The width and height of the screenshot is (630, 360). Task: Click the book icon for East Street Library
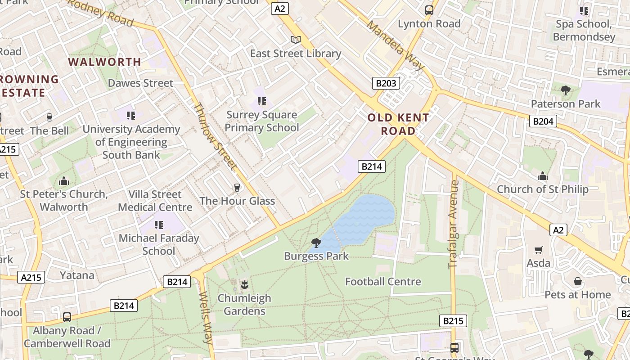coord(295,40)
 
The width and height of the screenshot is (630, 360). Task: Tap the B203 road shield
coord(386,83)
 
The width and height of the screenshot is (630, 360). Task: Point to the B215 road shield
coord(453,321)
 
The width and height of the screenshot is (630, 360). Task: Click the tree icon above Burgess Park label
coord(316,243)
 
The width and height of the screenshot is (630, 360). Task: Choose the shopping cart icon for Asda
coord(538,250)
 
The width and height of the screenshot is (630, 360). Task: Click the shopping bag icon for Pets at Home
coord(578,282)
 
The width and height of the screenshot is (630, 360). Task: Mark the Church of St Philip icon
coord(543,176)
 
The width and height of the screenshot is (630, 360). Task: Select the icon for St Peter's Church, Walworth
coord(64,181)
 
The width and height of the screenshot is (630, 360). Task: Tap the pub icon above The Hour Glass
coord(237,188)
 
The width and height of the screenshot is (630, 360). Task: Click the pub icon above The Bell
coord(49,117)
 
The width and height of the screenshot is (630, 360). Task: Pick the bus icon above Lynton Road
coord(429,10)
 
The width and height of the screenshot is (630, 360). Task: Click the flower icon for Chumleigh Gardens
coord(244,284)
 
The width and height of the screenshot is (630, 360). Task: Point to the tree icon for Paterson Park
coord(566,90)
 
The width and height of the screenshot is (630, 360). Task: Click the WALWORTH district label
coord(104,62)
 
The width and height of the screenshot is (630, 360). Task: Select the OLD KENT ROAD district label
coord(398,124)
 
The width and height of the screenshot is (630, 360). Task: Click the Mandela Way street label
coord(395,45)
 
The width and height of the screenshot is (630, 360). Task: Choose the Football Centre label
coord(383,282)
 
